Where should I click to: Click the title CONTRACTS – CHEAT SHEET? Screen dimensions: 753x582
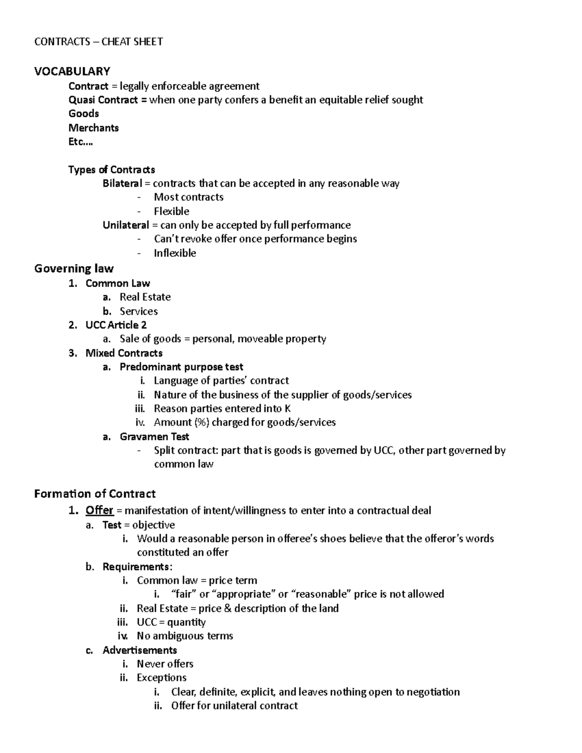[x=98, y=42]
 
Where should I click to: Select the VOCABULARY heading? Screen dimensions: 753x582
[x=72, y=71]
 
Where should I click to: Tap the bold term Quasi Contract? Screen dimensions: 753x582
[x=102, y=100]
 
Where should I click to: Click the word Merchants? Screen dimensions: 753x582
[x=94, y=128]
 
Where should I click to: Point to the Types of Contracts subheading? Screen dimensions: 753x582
[x=112, y=170]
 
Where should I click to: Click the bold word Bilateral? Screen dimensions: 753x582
[x=122, y=183]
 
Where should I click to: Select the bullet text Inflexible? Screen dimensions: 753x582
[x=175, y=253]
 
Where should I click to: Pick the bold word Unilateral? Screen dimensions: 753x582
[x=126, y=225]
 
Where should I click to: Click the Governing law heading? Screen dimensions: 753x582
[x=74, y=269]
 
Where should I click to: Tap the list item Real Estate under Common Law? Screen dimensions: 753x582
[x=145, y=297]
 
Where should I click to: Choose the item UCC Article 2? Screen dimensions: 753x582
[x=116, y=325]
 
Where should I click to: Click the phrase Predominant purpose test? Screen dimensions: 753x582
[x=181, y=367]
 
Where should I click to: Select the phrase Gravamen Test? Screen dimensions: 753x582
[x=154, y=436]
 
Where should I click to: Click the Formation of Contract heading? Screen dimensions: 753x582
[x=95, y=494]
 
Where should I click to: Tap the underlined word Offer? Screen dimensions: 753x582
[x=99, y=511]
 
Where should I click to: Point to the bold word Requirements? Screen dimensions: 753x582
[x=136, y=567]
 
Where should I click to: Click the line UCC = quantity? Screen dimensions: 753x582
[x=171, y=622]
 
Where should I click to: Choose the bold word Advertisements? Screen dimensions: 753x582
[x=140, y=650]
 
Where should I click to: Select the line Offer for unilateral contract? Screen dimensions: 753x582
[x=234, y=705]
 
